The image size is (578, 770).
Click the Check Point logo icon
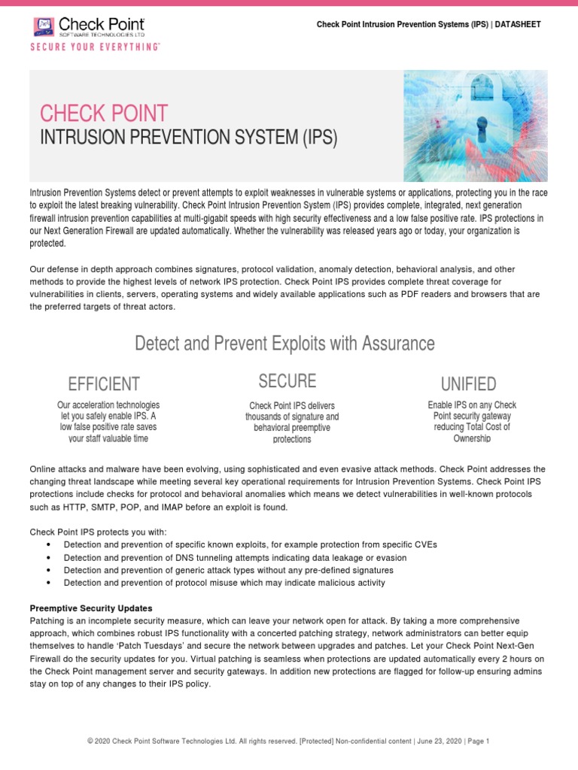tap(44, 27)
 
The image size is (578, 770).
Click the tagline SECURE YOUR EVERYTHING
tap(95, 47)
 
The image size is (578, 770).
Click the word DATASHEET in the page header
tap(517, 25)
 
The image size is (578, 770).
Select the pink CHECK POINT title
tap(104, 114)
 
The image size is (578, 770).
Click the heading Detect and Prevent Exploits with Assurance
tap(284, 344)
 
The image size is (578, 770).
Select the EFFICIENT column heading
tap(104, 383)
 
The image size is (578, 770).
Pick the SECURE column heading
tap(287, 380)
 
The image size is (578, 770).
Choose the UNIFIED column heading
tap(468, 383)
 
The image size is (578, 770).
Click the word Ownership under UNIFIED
tap(472, 438)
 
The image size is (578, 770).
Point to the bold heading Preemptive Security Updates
tap(90, 608)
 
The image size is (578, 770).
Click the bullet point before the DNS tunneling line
tap(48, 558)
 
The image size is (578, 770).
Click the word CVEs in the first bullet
tap(423, 545)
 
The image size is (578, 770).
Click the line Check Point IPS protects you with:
tap(98, 532)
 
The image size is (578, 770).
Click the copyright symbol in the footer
tap(90, 741)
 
